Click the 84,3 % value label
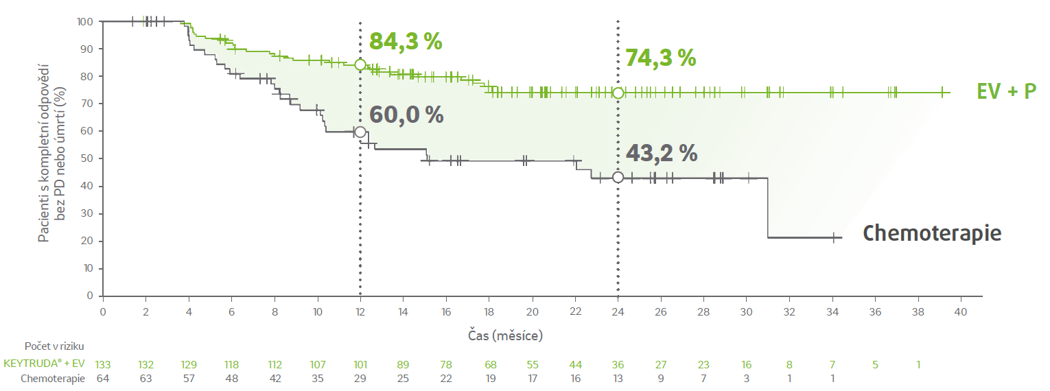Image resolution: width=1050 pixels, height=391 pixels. (x=406, y=42)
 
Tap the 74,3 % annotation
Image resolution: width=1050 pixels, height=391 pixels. (x=660, y=58)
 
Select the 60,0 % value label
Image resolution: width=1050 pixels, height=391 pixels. (x=407, y=115)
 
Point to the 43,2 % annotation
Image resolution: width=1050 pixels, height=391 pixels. (x=662, y=153)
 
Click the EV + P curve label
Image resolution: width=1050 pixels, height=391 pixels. (x=1007, y=91)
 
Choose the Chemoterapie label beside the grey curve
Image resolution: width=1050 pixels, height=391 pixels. (x=932, y=233)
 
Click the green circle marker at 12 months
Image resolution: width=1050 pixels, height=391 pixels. (x=360, y=64)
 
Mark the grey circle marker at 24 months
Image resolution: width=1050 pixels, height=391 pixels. (x=618, y=178)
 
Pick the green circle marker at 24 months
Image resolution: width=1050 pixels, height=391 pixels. (x=618, y=93)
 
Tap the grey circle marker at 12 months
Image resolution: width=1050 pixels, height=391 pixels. (x=360, y=132)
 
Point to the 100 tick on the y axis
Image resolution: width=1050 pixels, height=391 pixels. (x=86, y=21)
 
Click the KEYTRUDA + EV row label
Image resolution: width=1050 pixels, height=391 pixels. (x=45, y=364)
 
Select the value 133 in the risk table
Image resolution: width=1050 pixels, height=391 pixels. (x=103, y=364)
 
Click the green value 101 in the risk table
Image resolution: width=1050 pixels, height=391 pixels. (x=360, y=364)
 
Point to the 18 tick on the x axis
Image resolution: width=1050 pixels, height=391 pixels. (x=489, y=312)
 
